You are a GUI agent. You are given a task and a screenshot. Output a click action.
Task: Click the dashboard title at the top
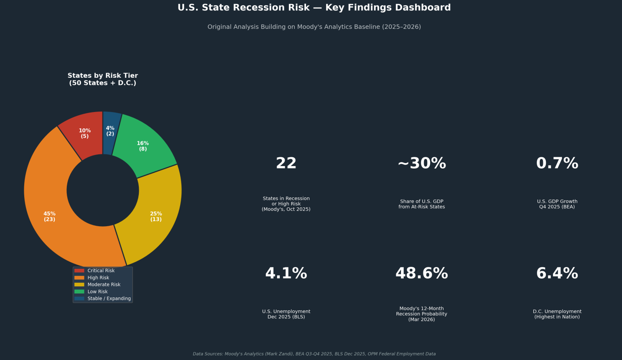pyautogui.click(x=314, y=8)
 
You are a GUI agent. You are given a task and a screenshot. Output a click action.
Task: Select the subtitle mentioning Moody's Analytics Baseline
pyautogui.click(x=314, y=27)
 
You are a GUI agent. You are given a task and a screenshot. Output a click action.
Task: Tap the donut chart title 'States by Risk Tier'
pyautogui.click(x=103, y=79)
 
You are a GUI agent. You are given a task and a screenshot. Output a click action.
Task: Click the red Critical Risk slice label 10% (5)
pyautogui.click(x=84, y=133)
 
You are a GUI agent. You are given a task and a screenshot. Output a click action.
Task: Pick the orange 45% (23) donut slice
pyautogui.click(x=49, y=217)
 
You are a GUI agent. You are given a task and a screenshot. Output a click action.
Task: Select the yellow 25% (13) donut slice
pyautogui.click(x=156, y=217)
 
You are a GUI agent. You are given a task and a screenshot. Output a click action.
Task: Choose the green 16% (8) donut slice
pyautogui.click(x=143, y=146)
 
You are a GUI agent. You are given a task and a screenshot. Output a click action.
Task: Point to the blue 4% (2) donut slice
pyautogui.click(x=110, y=131)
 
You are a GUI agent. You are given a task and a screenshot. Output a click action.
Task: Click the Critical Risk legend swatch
pyautogui.click(x=79, y=271)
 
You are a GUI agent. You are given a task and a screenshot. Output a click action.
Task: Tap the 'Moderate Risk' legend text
pyautogui.click(x=104, y=285)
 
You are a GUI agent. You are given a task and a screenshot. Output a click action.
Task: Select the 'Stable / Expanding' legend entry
pyautogui.click(x=109, y=299)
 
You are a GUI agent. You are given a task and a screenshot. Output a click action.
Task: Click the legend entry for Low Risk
pyautogui.click(x=97, y=292)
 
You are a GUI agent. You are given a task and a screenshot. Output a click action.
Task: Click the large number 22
pyautogui.click(x=286, y=163)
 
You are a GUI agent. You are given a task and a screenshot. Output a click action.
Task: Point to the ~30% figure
pyautogui.click(x=421, y=163)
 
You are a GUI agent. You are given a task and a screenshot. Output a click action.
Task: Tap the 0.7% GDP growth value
pyautogui.click(x=557, y=163)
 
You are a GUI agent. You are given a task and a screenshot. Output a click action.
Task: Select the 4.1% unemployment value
pyautogui.click(x=286, y=273)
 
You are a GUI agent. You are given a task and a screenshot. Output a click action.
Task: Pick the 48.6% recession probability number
pyautogui.click(x=421, y=273)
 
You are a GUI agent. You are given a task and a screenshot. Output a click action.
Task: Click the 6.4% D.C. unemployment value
pyautogui.click(x=557, y=273)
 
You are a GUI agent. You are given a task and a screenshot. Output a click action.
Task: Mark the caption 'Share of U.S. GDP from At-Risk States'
pyautogui.click(x=421, y=204)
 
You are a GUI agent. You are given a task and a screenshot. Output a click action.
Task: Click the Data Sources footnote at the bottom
pyautogui.click(x=314, y=354)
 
